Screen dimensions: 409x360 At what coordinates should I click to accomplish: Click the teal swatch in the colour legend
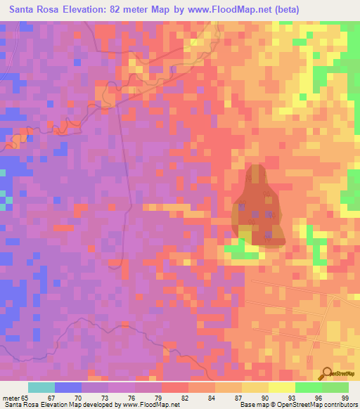tap(41, 387)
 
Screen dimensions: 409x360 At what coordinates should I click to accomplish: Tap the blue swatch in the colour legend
tap(67, 387)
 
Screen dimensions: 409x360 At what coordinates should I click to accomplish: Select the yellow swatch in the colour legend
tap(281, 387)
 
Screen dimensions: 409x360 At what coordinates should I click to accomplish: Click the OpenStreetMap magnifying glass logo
tap(328, 375)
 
